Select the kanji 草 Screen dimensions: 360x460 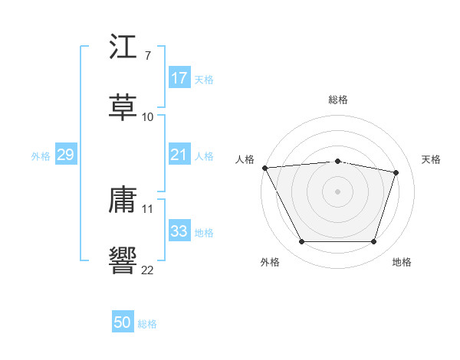coord(123,107)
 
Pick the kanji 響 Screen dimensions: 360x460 coord(123,258)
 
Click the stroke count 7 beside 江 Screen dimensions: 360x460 coord(147,56)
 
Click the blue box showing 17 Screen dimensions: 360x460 coord(179,78)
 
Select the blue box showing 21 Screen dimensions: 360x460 coord(179,155)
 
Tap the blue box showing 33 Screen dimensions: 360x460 coord(179,231)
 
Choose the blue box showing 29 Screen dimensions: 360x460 coord(65,155)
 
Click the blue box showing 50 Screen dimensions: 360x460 coord(123,323)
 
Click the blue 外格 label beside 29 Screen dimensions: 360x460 coord(41,156)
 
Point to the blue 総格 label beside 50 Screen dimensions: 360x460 coord(147,324)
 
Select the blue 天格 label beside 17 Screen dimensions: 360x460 coord(204,79)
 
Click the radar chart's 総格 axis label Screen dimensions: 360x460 coord(338,100)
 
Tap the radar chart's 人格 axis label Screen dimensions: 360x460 coord(245,159)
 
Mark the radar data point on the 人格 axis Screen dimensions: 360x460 coord(264,168)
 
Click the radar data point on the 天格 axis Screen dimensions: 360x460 coord(396,172)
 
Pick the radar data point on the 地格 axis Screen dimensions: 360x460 coord(374,242)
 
